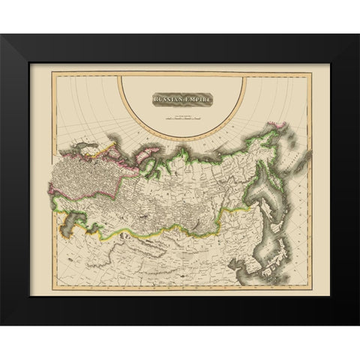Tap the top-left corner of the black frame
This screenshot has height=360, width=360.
pyautogui.click(x=1, y=34)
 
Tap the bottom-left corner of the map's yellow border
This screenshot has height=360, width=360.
pyautogui.click(x=52, y=288)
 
